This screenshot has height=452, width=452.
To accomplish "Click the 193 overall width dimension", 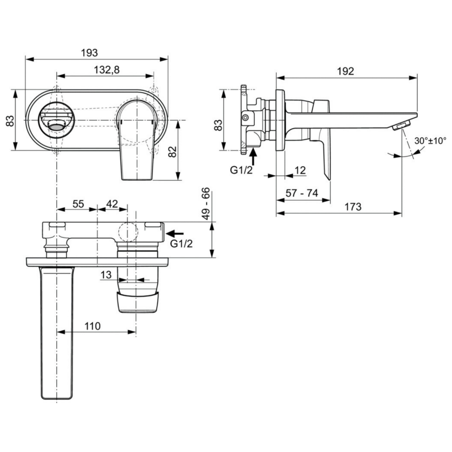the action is pos(89,53).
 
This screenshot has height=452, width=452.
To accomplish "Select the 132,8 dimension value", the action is pos(107,70).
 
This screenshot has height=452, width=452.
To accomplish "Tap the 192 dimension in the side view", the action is pos(345,71).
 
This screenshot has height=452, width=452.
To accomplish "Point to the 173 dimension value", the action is pos(353,207).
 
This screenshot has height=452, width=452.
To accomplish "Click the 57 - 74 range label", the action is pos(302,193).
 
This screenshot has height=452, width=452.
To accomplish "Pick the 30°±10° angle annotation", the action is pos(430,141).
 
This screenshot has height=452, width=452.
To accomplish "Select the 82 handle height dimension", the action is pos(172,151).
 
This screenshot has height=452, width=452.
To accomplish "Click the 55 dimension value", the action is pos(78,204).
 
